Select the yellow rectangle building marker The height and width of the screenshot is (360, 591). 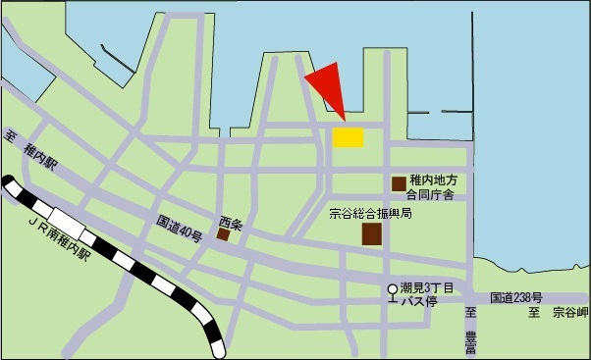pos(348,137)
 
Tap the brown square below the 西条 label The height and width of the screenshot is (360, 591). pos(224,234)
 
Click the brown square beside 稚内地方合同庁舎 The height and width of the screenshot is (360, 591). pos(399,183)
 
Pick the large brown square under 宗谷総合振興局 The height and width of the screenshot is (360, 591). pos(372,234)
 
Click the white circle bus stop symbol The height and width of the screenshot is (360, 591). pos(393,289)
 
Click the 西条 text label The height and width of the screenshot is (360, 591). pos(230,221)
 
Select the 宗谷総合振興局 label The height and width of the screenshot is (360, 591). pos(369,213)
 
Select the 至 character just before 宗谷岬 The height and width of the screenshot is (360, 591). pos(535,314)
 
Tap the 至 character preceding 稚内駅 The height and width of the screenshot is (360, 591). pos(11,137)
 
